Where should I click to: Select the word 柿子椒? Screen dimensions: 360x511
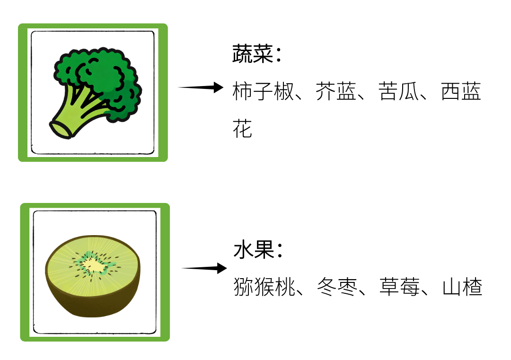[x=263, y=92]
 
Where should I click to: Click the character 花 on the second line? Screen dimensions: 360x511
[x=242, y=129]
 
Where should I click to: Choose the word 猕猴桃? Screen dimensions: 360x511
[x=264, y=287]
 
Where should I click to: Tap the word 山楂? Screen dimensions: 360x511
[x=462, y=287]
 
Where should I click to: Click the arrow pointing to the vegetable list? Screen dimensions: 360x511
[x=201, y=88]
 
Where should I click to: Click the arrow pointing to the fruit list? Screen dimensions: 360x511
[x=204, y=268]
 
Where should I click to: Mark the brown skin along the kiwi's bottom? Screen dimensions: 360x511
[x=93, y=310]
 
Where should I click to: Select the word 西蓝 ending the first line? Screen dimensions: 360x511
[x=461, y=92]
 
